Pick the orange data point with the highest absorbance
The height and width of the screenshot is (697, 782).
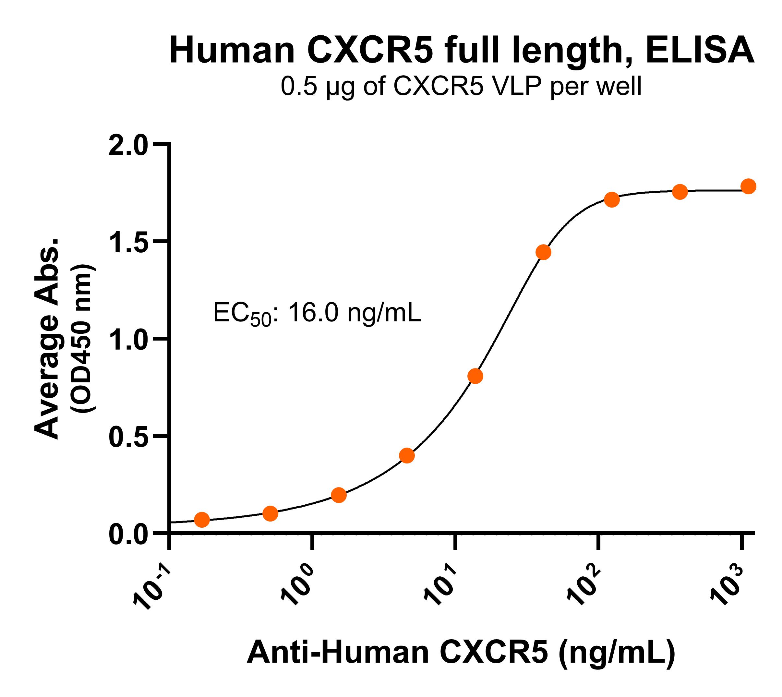click(748, 186)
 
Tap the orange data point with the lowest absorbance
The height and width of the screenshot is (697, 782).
click(202, 520)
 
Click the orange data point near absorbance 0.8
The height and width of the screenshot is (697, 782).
click(475, 376)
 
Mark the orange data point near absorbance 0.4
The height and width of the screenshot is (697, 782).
click(407, 455)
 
